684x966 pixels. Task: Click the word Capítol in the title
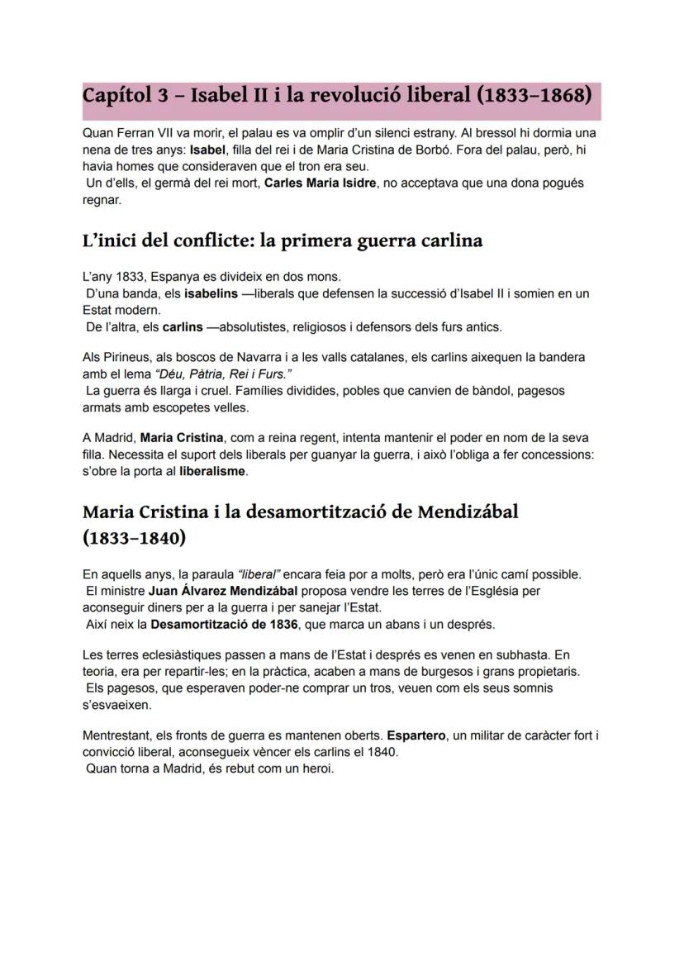[116, 95]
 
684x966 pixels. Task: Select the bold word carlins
[183, 327]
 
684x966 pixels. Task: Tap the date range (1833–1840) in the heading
[134, 539]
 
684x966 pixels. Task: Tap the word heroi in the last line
[316, 769]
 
